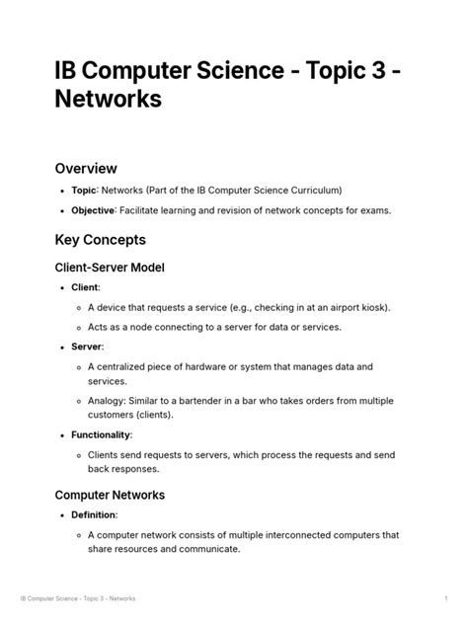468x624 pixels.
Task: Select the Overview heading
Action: (x=86, y=169)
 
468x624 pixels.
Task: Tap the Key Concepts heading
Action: (x=101, y=240)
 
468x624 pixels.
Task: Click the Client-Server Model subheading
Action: (x=110, y=268)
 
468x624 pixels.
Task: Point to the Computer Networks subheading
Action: (x=110, y=495)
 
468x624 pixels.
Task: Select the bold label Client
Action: (x=85, y=287)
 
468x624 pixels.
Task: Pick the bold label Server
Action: (x=87, y=347)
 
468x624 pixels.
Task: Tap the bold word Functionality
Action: (x=102, y=434)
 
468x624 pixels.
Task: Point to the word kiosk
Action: (x=369, y=307)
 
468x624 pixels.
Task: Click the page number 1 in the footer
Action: (x=446, y=599)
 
